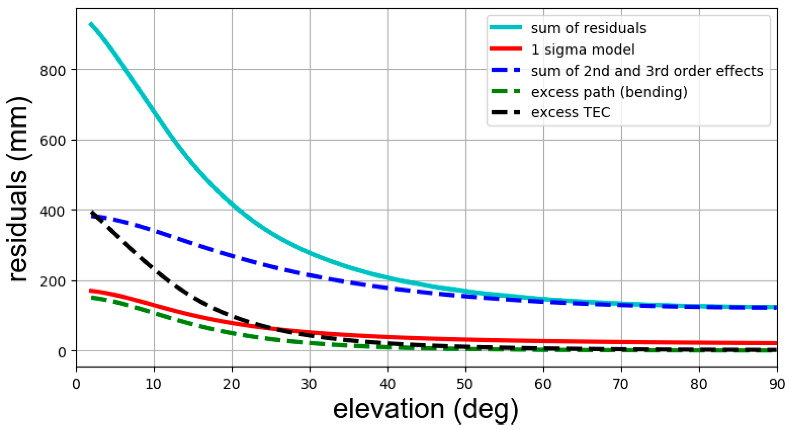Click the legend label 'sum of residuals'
pos(588,28)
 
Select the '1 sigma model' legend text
pos(583,50)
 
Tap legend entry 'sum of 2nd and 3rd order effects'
pos(647,71)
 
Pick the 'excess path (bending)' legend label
pos(609,92)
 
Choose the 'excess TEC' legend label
pos(570,113)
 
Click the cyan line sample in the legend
pos(506,27)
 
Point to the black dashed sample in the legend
pos(506,112)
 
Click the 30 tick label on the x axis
pos(309,384)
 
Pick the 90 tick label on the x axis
pos(777,384)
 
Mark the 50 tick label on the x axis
pos(465,384)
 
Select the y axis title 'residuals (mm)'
pos(19,189)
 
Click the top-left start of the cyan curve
pos(91,24)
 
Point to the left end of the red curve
pos(91,291)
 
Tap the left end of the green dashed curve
pos(92,298)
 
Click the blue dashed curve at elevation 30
pos(310,275)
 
